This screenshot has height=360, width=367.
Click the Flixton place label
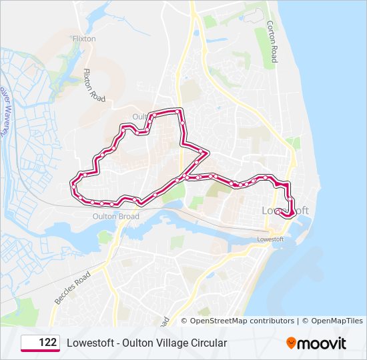84,39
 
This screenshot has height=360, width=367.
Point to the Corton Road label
272,41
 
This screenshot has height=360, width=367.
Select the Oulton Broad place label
117,217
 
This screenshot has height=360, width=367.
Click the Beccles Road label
72,288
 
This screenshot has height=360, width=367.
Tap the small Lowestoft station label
271,239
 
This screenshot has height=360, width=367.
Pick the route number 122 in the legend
47,343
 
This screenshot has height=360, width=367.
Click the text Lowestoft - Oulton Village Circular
147,343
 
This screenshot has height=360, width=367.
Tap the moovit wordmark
322,343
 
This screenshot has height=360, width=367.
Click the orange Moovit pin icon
291,343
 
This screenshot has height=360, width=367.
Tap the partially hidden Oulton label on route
139,117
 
